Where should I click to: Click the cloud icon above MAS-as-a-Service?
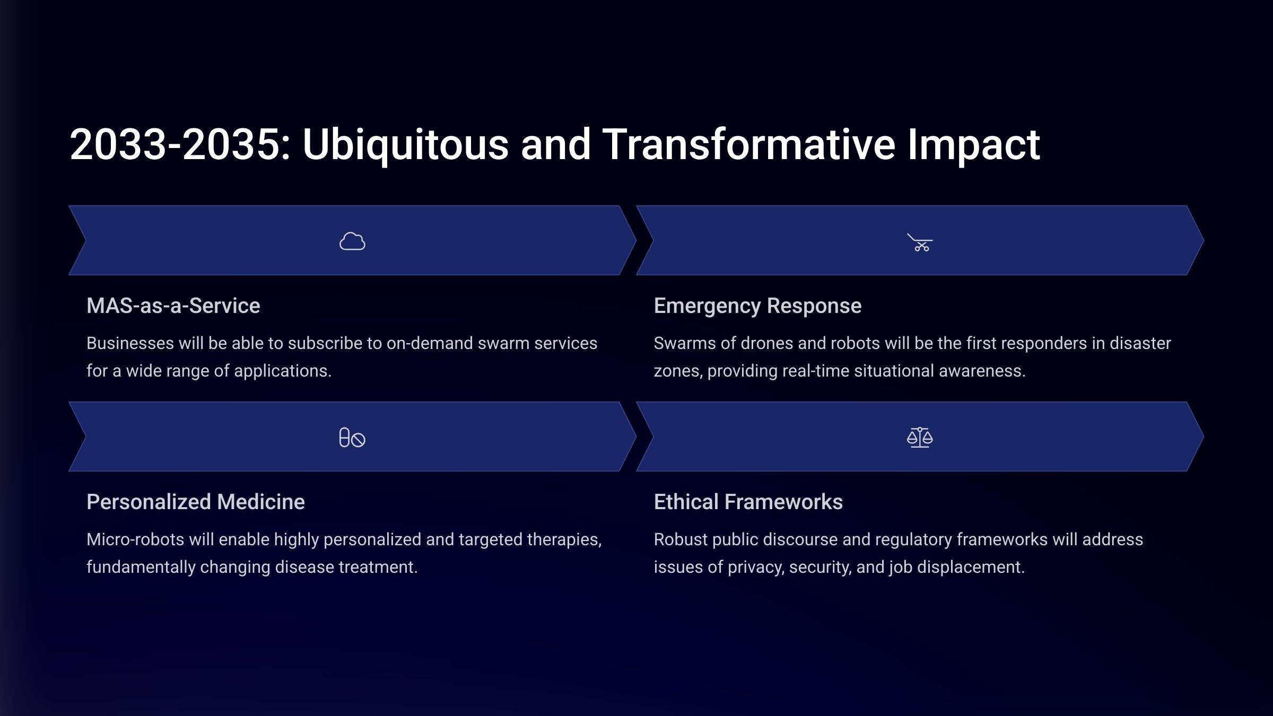pos(352,241)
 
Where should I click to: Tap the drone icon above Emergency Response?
pos(920,242)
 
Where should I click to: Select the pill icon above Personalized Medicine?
pos(352,438)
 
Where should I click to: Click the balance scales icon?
pos(920,438)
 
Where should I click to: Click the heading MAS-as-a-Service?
pos(173,305)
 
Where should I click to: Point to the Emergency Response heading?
pos(757,306)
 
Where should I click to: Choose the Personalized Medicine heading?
pos(196,502)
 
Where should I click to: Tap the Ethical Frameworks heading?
pos(748,502)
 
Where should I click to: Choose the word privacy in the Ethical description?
pos(756,568)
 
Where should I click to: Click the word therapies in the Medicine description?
pos(568,540)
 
